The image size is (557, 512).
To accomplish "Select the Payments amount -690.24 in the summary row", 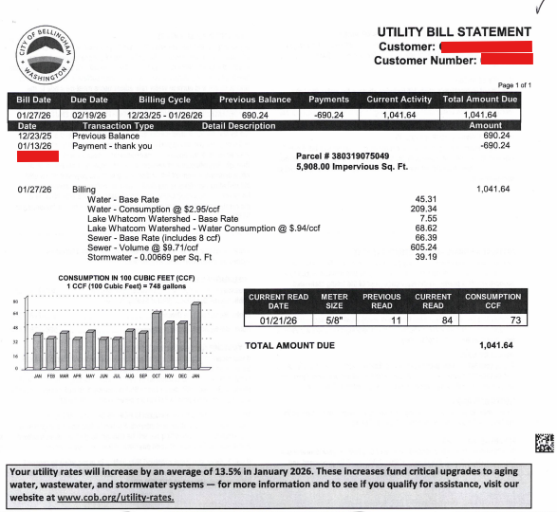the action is pyautogui.click(x=329, y=115).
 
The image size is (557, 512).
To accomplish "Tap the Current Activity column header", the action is pyautogui.click(x=399, y=100).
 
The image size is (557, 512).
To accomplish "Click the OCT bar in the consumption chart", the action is pyautogui.click(x=157, y=339).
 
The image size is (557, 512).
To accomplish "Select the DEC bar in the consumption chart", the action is pyautogui.click(x=182, y=345).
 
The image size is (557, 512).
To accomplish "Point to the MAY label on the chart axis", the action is pyautogui.click(x=90, y=376).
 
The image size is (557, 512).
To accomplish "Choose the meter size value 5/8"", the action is pyautogui.click(x=334, y=320).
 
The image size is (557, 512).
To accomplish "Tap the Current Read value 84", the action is pyautogui.click(x=433, y=320).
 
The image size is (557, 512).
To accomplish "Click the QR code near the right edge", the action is pyautogui.click(x=542, y=442).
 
